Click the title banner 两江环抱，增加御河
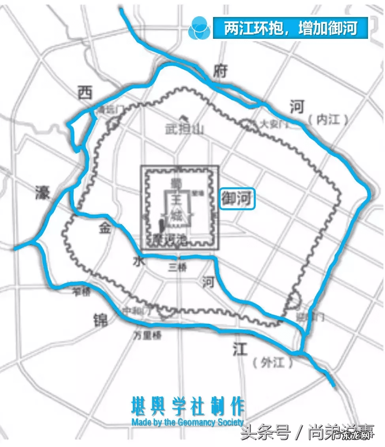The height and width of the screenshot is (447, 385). click(291, 28)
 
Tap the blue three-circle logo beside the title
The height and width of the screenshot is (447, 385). click(198, 28)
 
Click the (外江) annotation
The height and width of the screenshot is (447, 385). click(273, 362)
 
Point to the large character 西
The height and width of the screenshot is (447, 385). click(85, 93)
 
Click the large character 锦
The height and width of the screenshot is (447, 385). click(100, 319)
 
